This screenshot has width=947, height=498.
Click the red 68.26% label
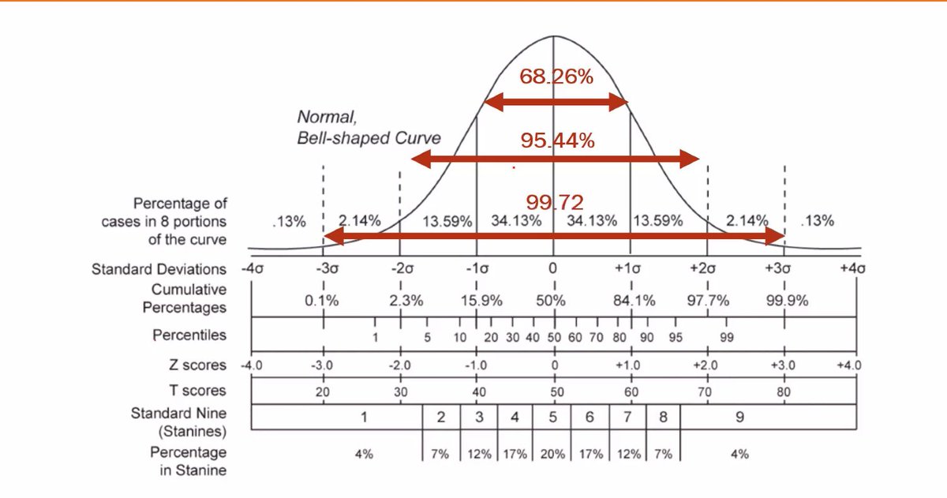[x=556, y=77]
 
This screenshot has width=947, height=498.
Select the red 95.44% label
[x=557, y=140]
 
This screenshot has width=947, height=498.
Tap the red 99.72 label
[x=555, y=202]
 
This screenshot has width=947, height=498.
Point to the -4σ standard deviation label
[x=253, y=268]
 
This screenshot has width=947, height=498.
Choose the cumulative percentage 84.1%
[x=633, y=301]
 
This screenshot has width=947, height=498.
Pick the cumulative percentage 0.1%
[x=321, y=301]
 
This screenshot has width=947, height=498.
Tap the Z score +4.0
[x=849, y=365]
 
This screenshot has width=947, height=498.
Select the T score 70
[x=705, y=391]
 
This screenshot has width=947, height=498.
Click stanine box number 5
[x=552, y=417]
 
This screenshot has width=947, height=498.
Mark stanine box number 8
[x=663, y=417]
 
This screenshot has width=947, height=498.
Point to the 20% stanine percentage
[x=552, y=454]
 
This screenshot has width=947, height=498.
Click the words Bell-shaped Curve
[x=369, y=137]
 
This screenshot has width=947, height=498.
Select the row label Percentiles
[x=189, y=335]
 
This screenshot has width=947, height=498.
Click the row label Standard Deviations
[x=159, y=269]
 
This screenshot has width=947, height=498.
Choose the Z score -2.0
[x=400, y=365]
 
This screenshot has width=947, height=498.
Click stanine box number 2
[x=442, y=417]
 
